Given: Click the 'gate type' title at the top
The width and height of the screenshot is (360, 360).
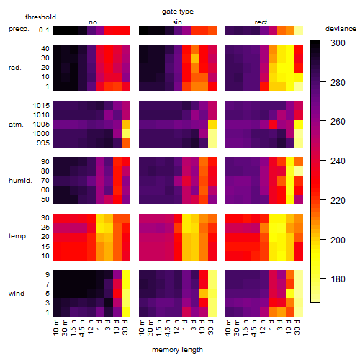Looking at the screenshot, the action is point(178,12).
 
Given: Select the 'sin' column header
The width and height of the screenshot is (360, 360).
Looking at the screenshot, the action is point(177,22).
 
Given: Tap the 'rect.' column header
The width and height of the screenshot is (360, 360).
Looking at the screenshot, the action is point(262,22).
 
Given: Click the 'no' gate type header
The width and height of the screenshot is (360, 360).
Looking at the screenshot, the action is point(93,22).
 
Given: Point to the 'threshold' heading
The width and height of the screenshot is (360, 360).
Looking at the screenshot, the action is point(40,17).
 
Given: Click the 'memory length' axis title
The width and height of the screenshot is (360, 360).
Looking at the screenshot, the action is point(178,350).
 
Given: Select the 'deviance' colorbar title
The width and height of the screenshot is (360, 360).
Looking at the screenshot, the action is point(341,29).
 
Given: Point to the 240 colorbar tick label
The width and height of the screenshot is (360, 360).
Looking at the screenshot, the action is point(338,161).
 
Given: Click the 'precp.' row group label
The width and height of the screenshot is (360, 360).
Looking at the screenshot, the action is point(19,29).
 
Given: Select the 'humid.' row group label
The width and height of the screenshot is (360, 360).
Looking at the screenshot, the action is point(20,180).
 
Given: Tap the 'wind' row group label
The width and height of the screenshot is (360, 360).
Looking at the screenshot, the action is point(17,294).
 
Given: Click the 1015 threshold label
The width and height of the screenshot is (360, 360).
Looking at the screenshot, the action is point(41,105).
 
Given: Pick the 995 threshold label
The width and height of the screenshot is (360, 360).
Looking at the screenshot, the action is point(43,143).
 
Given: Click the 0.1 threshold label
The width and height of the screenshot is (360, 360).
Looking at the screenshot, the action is point(44,30).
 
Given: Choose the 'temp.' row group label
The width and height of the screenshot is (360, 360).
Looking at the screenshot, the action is point(18,236).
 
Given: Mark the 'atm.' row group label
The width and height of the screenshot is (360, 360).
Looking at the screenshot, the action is point(16,125).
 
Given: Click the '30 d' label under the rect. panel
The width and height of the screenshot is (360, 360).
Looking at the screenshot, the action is point(297,328).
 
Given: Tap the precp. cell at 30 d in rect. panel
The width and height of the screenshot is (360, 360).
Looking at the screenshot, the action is point(299,30).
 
